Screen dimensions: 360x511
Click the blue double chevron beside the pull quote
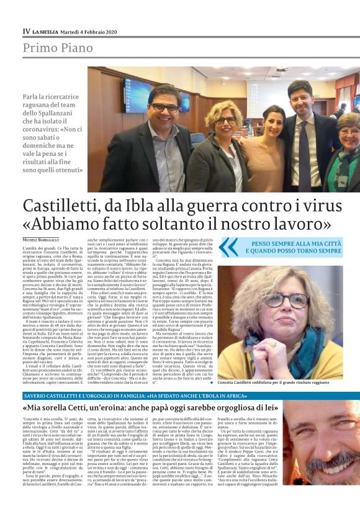[229, 246]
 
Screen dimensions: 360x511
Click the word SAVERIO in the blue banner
[36, 396]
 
